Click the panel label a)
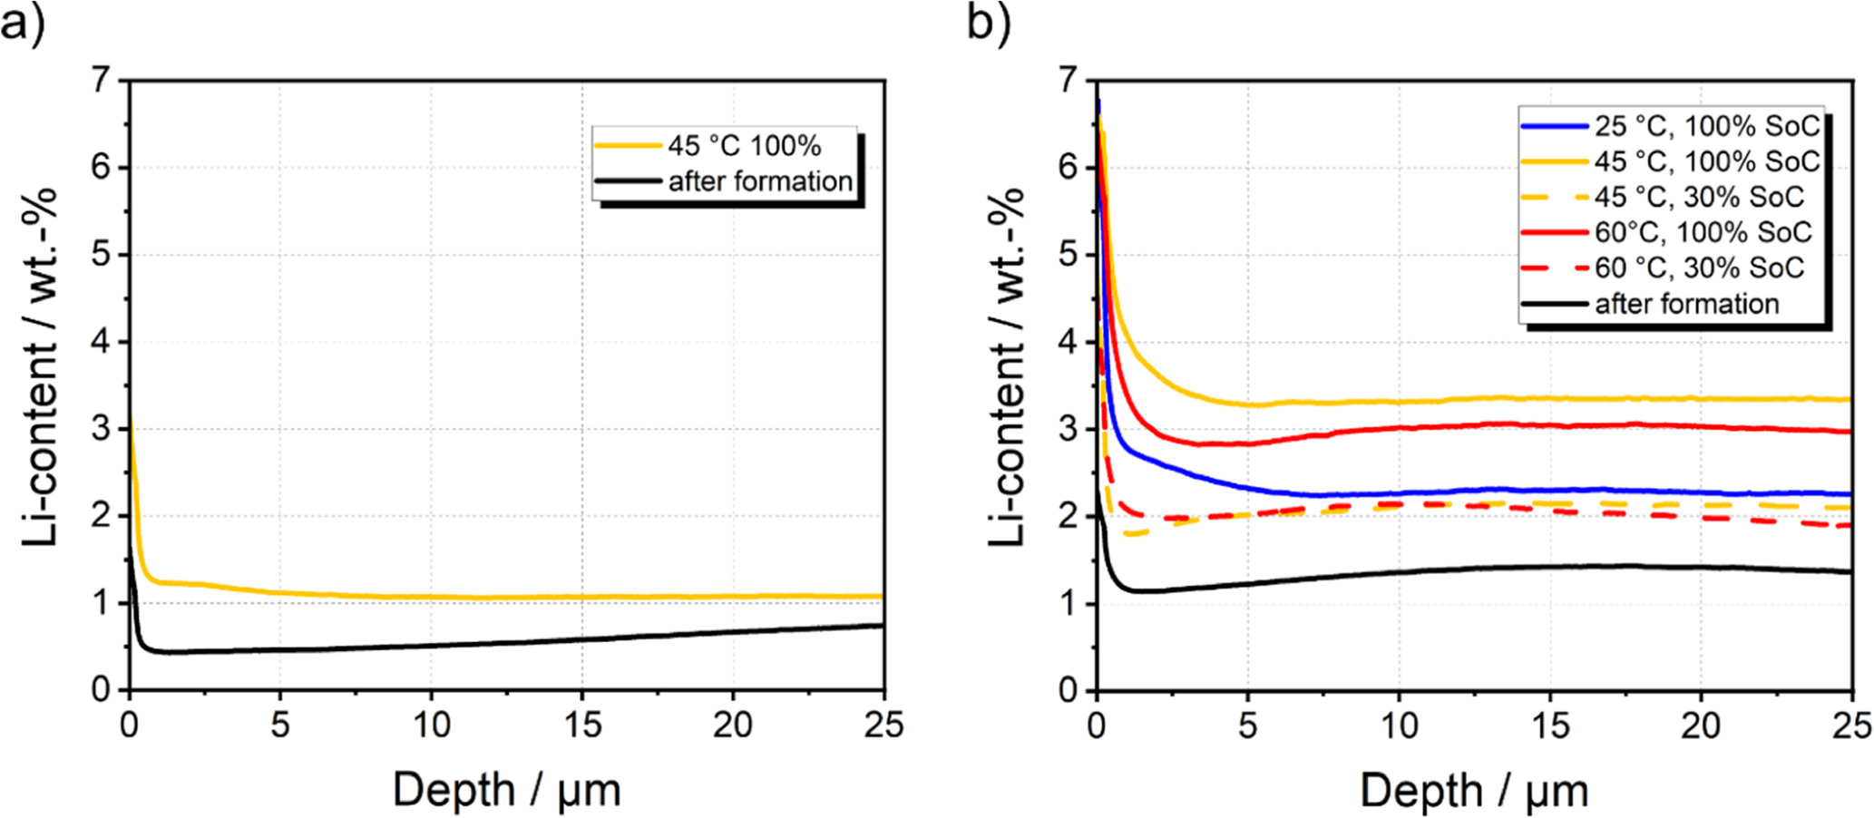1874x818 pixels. coord(22,22)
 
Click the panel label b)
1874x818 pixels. coord(988,22)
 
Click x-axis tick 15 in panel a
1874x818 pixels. coord(581,725)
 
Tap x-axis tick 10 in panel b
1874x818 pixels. coord(1399,725)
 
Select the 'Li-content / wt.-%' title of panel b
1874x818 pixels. coord(1007,367)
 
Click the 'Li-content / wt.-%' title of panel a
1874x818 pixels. coord(40,367)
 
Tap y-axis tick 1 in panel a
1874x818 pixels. coord(107,604)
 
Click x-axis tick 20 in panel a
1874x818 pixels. coord(732,725)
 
